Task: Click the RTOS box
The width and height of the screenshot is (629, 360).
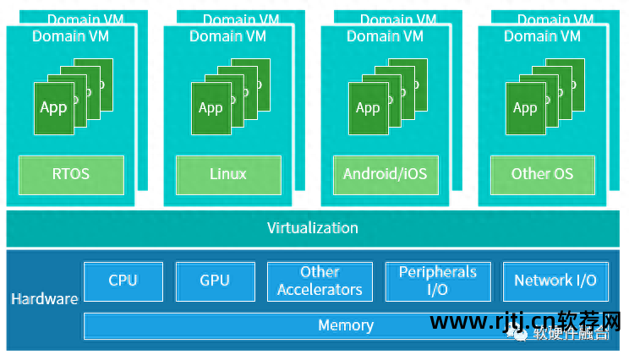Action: click(71, 175)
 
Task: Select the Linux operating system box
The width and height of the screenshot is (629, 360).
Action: click(228, 175)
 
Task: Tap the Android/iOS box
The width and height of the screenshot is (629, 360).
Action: click(386, 175)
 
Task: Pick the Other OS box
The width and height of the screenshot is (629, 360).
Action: click(542, 175)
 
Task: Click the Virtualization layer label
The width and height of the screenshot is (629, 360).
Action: click(313, 228)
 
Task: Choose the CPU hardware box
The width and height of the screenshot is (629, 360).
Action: click(123, 281)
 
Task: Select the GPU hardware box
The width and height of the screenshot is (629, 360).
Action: click(215, 281)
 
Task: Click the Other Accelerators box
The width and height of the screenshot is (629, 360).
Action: click(320, 281)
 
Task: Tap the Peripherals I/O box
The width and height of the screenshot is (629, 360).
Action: click(438, 281)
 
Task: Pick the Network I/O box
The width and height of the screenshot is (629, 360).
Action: click(555, 281)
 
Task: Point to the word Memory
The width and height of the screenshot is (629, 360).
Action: click(346, 325)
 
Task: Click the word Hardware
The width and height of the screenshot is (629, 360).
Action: click(44, 299)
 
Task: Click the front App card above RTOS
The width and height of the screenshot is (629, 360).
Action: click(52, 107)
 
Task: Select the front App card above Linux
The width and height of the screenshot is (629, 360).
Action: click(210, 107)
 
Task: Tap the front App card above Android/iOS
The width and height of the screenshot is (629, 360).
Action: click(367, 107)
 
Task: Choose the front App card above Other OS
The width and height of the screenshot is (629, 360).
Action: click(524, 107)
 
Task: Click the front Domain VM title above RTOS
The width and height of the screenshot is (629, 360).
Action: click(71, 35)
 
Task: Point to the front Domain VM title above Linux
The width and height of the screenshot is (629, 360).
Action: click(228, 35)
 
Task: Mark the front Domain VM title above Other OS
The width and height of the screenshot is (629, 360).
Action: click(542, 35)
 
